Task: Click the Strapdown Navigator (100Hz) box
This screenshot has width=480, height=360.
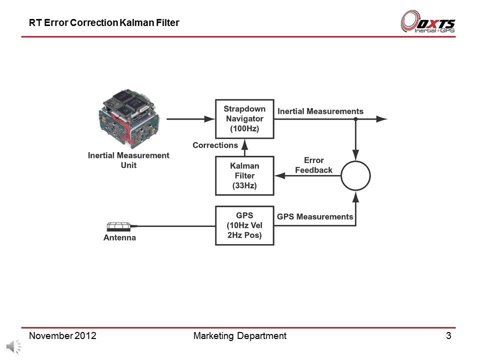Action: [x=244, y=119]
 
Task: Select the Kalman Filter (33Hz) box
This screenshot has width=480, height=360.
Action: [x=244, y=175]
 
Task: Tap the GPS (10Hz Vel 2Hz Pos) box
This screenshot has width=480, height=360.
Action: [x=244, y=225]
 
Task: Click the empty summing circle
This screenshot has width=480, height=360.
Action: [x=355, y=175]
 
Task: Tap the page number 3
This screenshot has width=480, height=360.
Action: [x=448, y=336]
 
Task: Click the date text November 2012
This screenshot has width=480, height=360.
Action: [x=62, y=336]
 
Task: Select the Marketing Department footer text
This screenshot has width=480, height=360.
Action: [x=239, y=336]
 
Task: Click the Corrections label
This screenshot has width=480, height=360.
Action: [x=215, y=145]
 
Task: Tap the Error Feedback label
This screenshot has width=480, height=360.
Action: [x=313, y=165]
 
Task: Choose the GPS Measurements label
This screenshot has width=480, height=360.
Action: [x=315, y=216]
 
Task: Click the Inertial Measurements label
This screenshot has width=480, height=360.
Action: [x=320, y=111]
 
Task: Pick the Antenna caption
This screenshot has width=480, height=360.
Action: [x=119, y=238]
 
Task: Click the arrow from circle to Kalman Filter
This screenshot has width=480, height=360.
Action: [x=307, y=176]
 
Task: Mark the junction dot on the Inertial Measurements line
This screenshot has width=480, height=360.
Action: [x=355, y=119]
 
